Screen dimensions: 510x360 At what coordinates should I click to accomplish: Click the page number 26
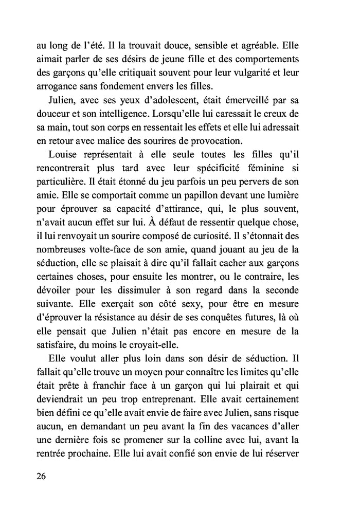click(x=42, y=476)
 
